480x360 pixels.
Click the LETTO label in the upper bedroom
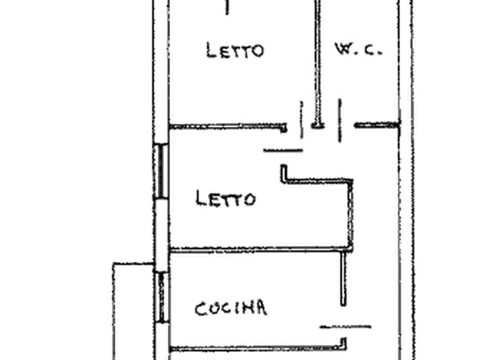tap(235, 51)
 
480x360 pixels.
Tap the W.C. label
tap(359, 49)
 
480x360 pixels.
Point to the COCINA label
tap(231, 308)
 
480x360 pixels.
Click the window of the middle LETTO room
tap(161, 171)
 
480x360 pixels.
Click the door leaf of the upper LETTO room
tap(302, 120)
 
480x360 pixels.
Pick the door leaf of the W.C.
tap(340, 120)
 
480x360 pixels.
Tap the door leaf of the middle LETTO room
tap(283, 150)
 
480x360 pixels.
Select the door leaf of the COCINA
tap(346, 327)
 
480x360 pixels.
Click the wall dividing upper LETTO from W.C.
tap(318, 63)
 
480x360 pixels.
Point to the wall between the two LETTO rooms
tap(228, 126)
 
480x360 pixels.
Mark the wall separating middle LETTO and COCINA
tap(260, 250)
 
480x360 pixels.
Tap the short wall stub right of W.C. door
tap(377, 125)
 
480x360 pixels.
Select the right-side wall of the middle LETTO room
tap(351, 214)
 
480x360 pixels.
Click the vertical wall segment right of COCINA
tap(343, 278)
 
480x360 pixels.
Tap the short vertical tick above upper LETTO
tap(227, 8)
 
